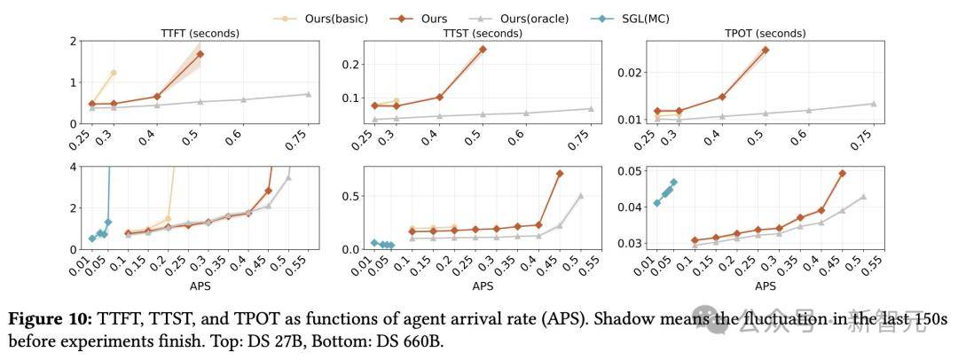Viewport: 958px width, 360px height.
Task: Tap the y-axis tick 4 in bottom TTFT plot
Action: [73, 168]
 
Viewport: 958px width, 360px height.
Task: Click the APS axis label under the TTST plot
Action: [483, 286]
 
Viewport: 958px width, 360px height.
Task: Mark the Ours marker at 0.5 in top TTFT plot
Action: [200, 54]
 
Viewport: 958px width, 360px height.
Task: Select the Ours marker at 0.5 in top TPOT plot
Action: [766, 50]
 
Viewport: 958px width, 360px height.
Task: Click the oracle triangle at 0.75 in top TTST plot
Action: [591, 109]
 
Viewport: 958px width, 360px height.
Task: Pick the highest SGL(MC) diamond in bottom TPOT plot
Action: [674, 183]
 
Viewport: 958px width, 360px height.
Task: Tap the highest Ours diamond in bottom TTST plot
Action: [560, 174]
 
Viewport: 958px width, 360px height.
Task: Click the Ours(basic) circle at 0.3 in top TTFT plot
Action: [114, 73]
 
